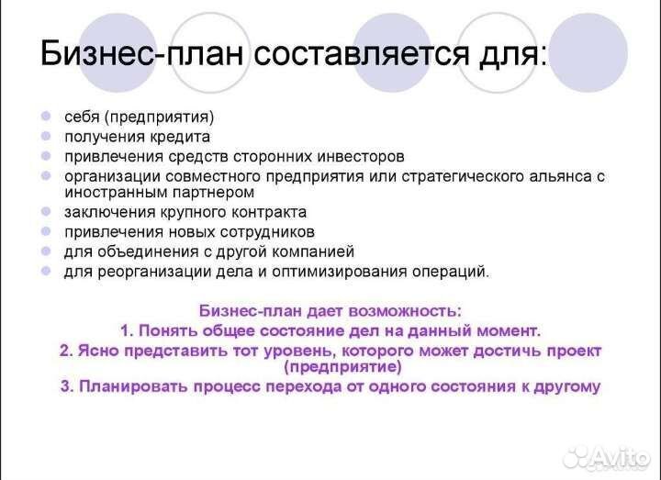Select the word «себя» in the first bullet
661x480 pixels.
pyautogui.click(x=82, y=117)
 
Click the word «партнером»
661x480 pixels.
pyautogui.click(x=211, y=193)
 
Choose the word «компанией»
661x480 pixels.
pyautogui.click(x=308, y=251)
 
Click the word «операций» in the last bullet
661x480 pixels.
pyautogui.click(x=448, y=271)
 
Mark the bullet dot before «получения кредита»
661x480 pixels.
pyautogui.click(x=46, y=136)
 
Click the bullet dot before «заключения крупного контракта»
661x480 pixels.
pyautogui.click(x=46, y=212)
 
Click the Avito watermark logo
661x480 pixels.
pyautogui.click(x=605, y=456)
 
